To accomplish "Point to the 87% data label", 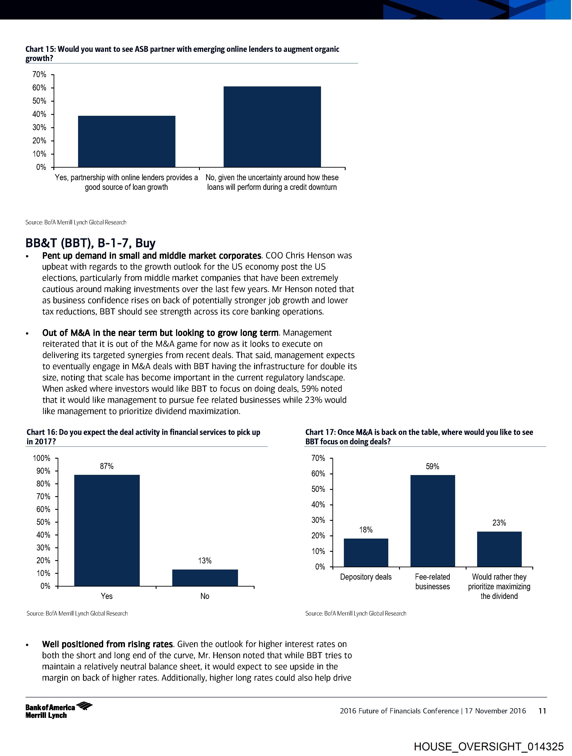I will pos(107,466).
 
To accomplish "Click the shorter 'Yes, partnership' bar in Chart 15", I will pos(127,142).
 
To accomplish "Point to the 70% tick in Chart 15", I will pos(39,75).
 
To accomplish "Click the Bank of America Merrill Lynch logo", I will pos(59,711).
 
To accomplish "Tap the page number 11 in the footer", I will pos(542,711).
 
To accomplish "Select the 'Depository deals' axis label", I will pos(366,577).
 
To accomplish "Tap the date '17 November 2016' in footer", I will pos(495,711).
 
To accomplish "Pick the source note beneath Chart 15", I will pos(76,223).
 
